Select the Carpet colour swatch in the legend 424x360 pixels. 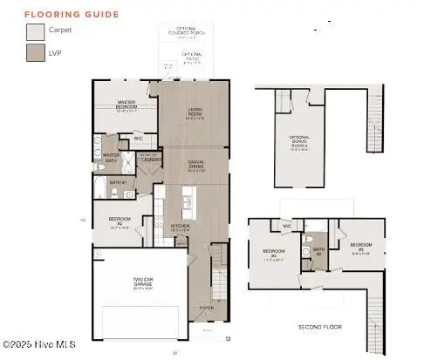click(x=34, y=32)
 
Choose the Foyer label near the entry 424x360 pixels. click(x=207, y=308)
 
